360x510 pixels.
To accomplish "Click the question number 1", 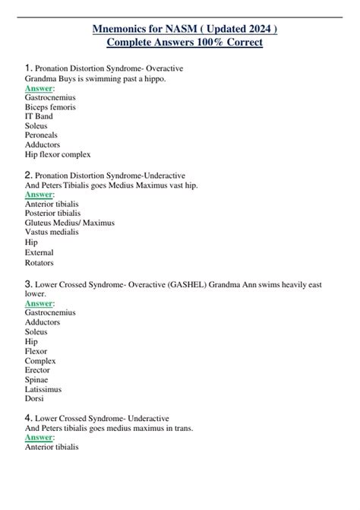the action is (28, 69).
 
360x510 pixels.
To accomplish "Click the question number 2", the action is (28, 174).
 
